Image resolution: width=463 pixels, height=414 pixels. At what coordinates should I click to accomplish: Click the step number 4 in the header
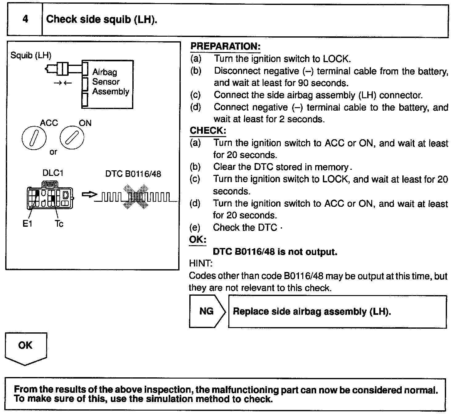(25, 19)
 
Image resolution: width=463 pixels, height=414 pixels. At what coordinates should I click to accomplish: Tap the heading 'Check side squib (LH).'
(102, 19)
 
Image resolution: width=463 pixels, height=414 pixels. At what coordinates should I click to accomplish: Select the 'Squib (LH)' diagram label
(31, 55)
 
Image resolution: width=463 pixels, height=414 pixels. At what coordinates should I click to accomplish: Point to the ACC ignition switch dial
(34, 138)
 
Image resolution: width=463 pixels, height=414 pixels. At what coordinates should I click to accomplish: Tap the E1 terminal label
(27, 224)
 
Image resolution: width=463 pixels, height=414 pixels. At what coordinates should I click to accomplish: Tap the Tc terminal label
(59, 224)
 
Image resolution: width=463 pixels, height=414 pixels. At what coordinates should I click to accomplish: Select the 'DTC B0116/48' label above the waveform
(133, 174)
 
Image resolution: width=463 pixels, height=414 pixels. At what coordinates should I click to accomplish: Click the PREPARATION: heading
(225, 47)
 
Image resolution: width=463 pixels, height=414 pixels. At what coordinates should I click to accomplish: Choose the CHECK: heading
(208, 131)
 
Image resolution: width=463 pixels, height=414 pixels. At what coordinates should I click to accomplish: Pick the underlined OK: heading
(197, 240)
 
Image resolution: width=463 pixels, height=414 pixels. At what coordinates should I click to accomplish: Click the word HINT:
(200, 263)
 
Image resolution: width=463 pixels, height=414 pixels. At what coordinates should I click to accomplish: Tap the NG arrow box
(207, 311)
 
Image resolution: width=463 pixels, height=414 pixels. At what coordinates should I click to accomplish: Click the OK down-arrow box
(26, 348)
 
